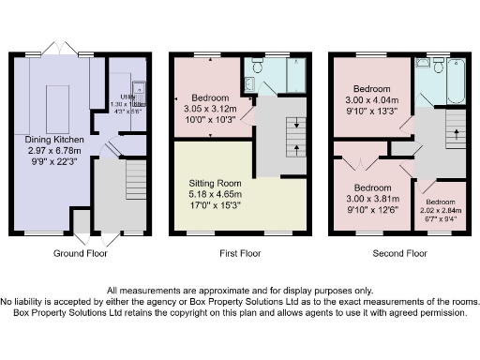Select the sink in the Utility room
[137, 90]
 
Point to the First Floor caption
[245, 253]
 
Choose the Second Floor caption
[400, 253]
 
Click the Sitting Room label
[217, 183]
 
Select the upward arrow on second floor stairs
[456, 132]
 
